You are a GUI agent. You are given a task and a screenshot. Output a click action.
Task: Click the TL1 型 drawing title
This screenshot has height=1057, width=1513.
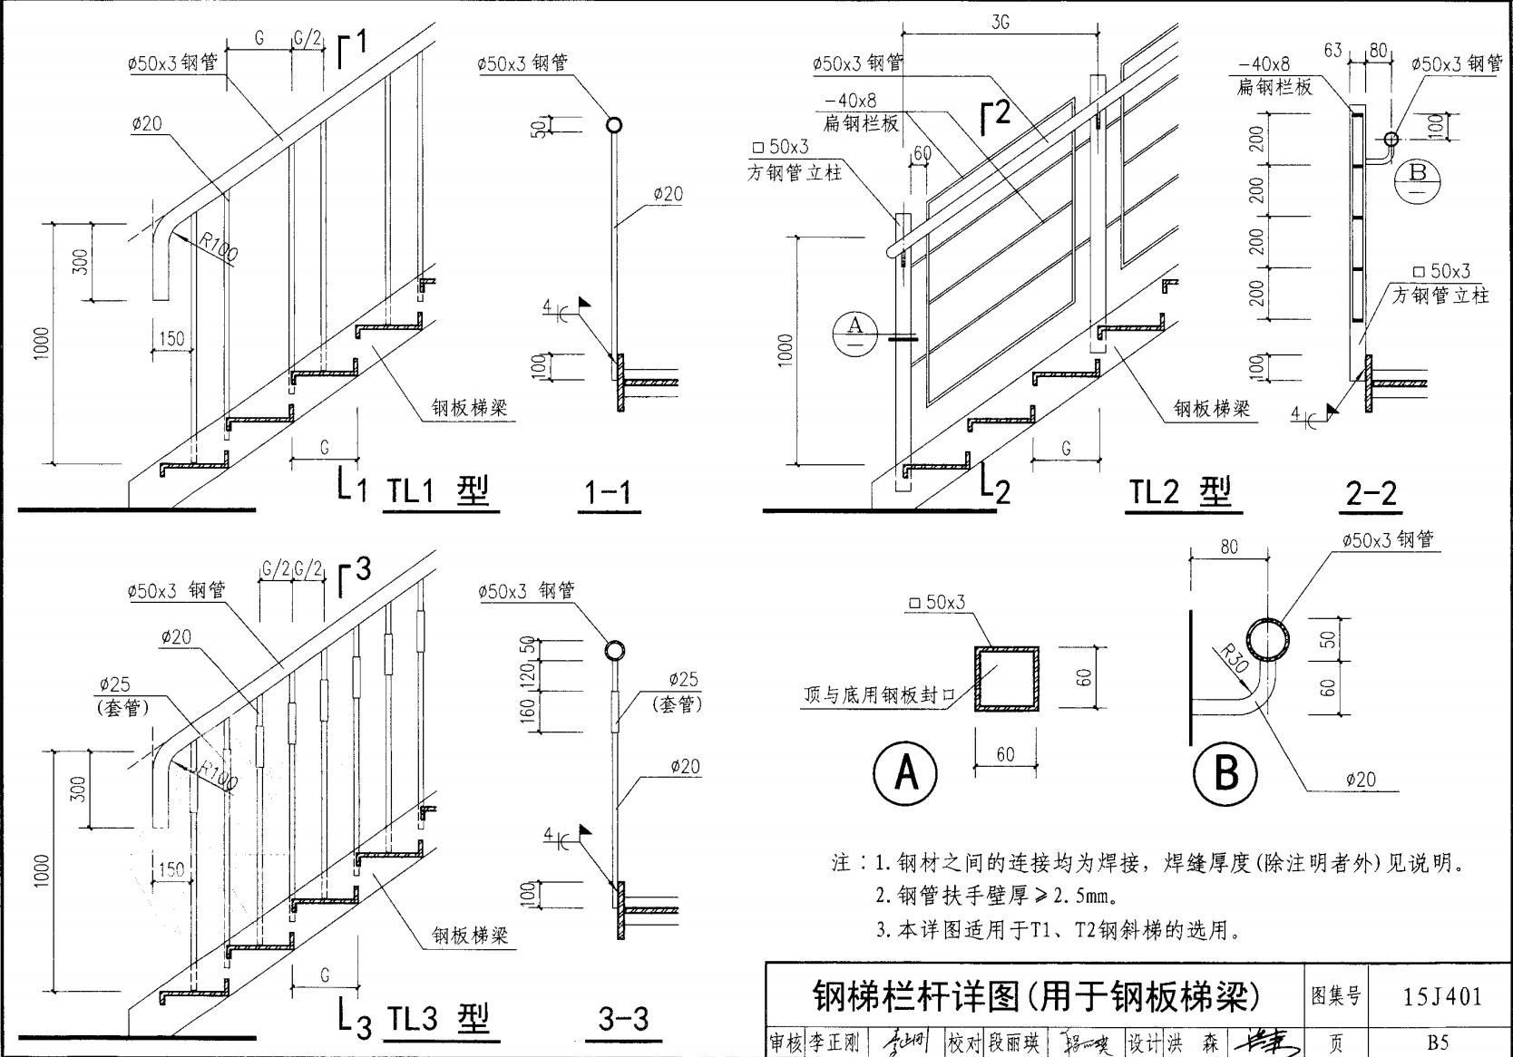coord(438,491)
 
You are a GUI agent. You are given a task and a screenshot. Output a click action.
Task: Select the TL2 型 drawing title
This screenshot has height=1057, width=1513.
coord(1179,492)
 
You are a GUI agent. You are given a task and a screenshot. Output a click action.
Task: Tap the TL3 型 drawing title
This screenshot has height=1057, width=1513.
coord(438,1019)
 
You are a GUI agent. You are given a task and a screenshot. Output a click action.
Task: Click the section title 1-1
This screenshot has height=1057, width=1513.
coord(608,492)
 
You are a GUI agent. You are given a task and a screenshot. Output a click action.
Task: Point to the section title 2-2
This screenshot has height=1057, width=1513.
coord(1371,493)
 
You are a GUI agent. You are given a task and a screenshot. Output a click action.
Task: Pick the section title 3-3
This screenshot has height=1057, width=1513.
coord(623,1019)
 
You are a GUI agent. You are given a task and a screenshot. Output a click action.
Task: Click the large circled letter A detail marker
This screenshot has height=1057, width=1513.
coord(906,773)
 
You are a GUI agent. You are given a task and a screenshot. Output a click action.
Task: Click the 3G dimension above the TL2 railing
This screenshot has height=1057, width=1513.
coord(1000,23)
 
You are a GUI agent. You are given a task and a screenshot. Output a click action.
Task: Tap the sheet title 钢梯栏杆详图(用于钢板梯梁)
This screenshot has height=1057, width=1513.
coord(1035,995)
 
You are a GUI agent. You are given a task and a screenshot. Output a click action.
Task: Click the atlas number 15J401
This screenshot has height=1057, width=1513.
coord(1442,996)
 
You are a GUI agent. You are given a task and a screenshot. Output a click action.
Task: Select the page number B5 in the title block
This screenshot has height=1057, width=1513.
coord(1437,1043)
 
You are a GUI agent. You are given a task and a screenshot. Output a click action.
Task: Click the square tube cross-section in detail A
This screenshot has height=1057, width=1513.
coord(1006,679)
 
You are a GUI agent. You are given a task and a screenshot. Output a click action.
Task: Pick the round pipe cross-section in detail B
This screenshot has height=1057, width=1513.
coord(1267,640)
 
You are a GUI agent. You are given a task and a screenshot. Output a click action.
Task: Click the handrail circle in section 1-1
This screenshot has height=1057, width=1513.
coord(613,126)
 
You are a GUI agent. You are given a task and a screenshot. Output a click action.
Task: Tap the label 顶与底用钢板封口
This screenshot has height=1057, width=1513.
coord(879,695)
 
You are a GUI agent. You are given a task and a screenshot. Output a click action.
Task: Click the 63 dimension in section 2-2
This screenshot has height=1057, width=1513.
coord(1332,51)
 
